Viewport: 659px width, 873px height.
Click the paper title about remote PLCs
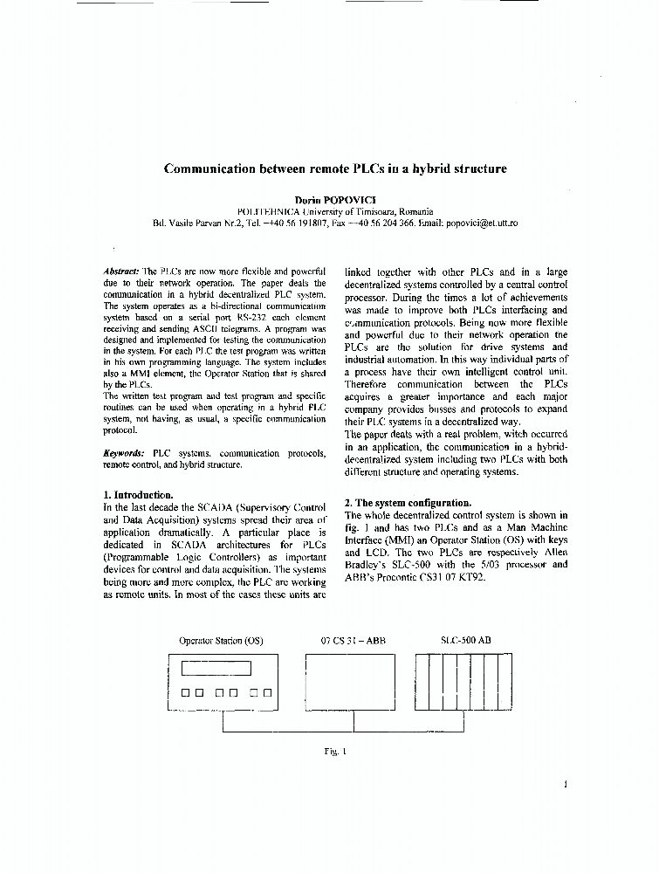[335, 168]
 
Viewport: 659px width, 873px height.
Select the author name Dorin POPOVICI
[335, 199]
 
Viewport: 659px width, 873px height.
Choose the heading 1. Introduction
[138, 495]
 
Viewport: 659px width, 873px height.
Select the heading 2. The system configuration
[408, 503]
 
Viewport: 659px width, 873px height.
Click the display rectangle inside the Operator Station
[216, 669]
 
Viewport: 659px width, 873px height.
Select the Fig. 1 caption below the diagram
[335, 749]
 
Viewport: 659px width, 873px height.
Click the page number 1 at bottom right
[566, 784]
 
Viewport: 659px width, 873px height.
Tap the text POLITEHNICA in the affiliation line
[266, 212]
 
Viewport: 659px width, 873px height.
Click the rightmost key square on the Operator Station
[266, 693]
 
